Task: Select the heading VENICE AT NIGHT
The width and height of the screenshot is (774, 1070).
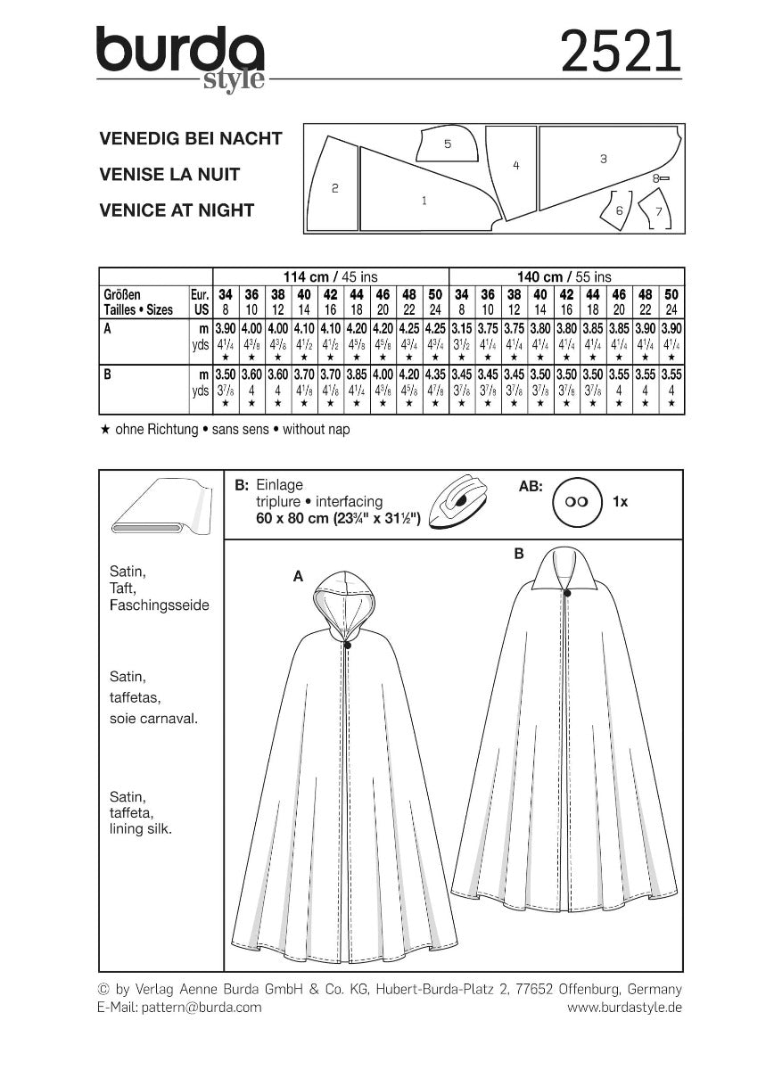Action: pyautogui.click(x=177, y=210)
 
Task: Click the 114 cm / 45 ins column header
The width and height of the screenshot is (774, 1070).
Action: pyautogui.click(x=331, y=276)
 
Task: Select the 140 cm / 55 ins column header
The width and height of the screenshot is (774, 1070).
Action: pyautogui.click(x=566, y=276)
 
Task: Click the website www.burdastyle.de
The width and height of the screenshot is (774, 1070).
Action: pyautogui.click(x=624, y=1007)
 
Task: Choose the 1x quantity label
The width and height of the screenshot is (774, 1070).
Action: pyautogui.click(x=621, y=502)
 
